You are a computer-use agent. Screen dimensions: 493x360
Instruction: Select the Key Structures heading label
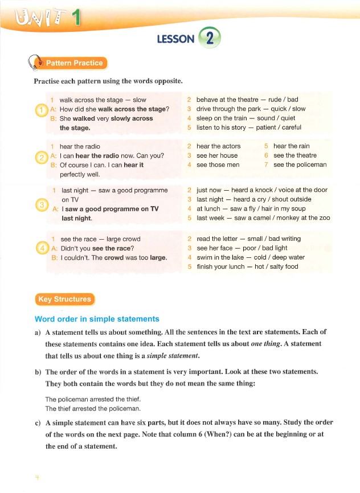(x=64, y=299)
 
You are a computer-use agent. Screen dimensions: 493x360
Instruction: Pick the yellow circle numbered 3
(x=41, y=204)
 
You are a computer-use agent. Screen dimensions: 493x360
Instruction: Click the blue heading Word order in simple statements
(x=97, y=319)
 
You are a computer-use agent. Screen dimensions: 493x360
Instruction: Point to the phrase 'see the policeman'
(x=300, y=165)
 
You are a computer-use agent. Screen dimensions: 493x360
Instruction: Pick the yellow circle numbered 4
(x=41, y=249)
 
